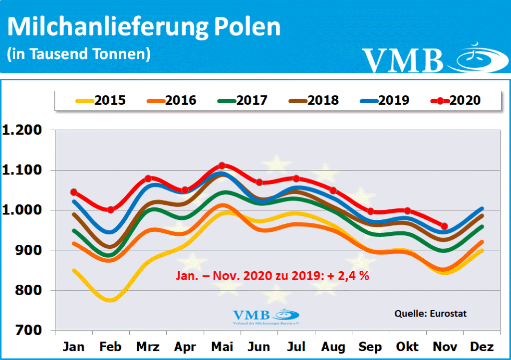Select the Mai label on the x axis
(222, 347)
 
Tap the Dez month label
(482, 347)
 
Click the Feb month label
(111, 347)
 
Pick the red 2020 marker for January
(74, 192)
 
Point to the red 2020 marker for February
(111, 210)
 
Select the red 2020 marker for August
(333, 190)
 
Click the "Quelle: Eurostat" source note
(431, 314)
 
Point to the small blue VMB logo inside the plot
(265, 316)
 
